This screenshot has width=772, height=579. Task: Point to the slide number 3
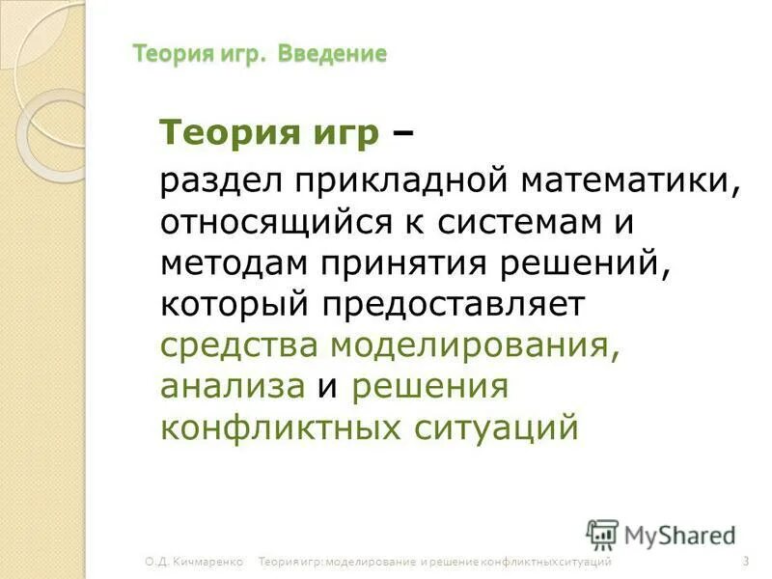(x=747, y=561)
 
